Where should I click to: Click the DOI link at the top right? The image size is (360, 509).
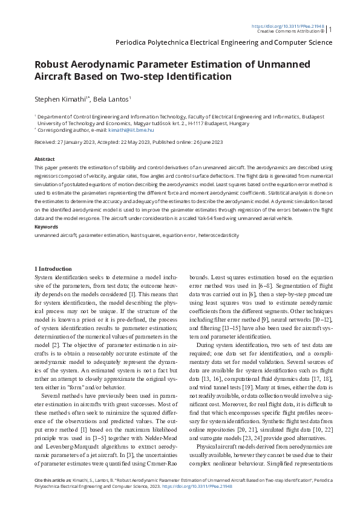click(x=287, y=27)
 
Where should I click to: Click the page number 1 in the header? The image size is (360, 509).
click(x=330, y=28)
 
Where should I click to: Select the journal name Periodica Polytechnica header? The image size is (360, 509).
click(x=223, y=43)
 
